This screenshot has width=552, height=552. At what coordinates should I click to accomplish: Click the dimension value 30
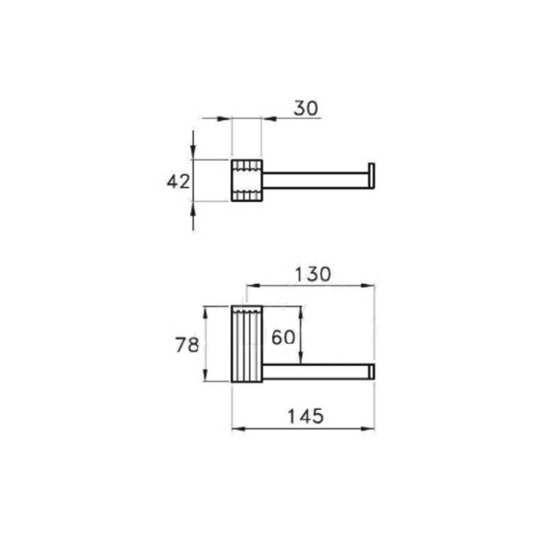point(306,108)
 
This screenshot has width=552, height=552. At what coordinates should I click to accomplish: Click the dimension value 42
point(178,181)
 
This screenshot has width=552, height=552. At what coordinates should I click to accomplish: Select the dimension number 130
point(312,274)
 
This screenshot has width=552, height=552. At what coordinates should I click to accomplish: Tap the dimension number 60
point(283,338)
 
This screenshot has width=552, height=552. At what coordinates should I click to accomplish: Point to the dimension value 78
point(187,345)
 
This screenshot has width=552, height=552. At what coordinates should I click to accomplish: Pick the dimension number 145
point(305,416)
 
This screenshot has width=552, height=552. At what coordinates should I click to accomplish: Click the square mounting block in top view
point(247,181)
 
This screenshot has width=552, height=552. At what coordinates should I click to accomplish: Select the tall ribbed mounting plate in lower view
point(247,344)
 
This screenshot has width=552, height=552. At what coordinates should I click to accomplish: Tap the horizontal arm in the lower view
point(315,371)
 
